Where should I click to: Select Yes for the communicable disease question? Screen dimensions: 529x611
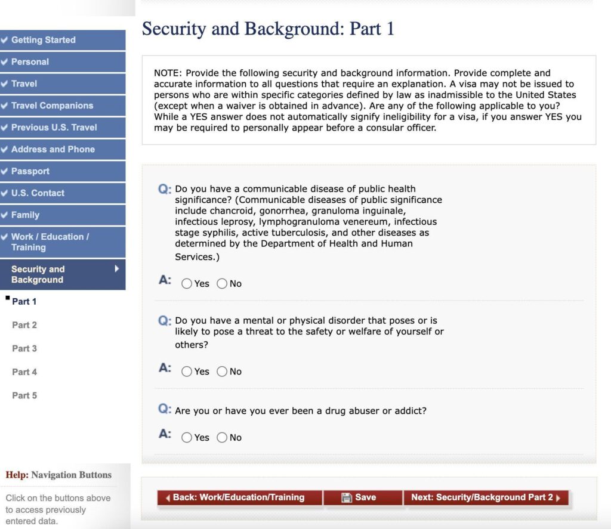click(x=187, y=284)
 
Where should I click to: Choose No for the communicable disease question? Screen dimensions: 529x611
click(x=222, y=284)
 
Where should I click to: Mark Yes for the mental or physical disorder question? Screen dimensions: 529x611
click(x=187, y=372)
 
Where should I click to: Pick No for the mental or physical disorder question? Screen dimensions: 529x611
click(x=222, y=372)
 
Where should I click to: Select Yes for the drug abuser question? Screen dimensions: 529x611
click(x=187, y=438)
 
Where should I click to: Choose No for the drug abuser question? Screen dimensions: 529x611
click(x=222, y=438)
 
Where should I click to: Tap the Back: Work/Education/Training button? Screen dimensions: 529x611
click(x=239, y=497)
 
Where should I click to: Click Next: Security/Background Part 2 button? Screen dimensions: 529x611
click(x=486, y=497)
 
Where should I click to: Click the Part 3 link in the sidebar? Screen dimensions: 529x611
click(x=24, y=348)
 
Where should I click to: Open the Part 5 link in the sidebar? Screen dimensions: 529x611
click(x=24, y=395)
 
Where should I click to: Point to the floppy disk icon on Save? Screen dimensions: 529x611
click(x=347, y=497)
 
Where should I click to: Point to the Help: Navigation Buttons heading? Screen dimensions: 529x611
click(x=58, y=475)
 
